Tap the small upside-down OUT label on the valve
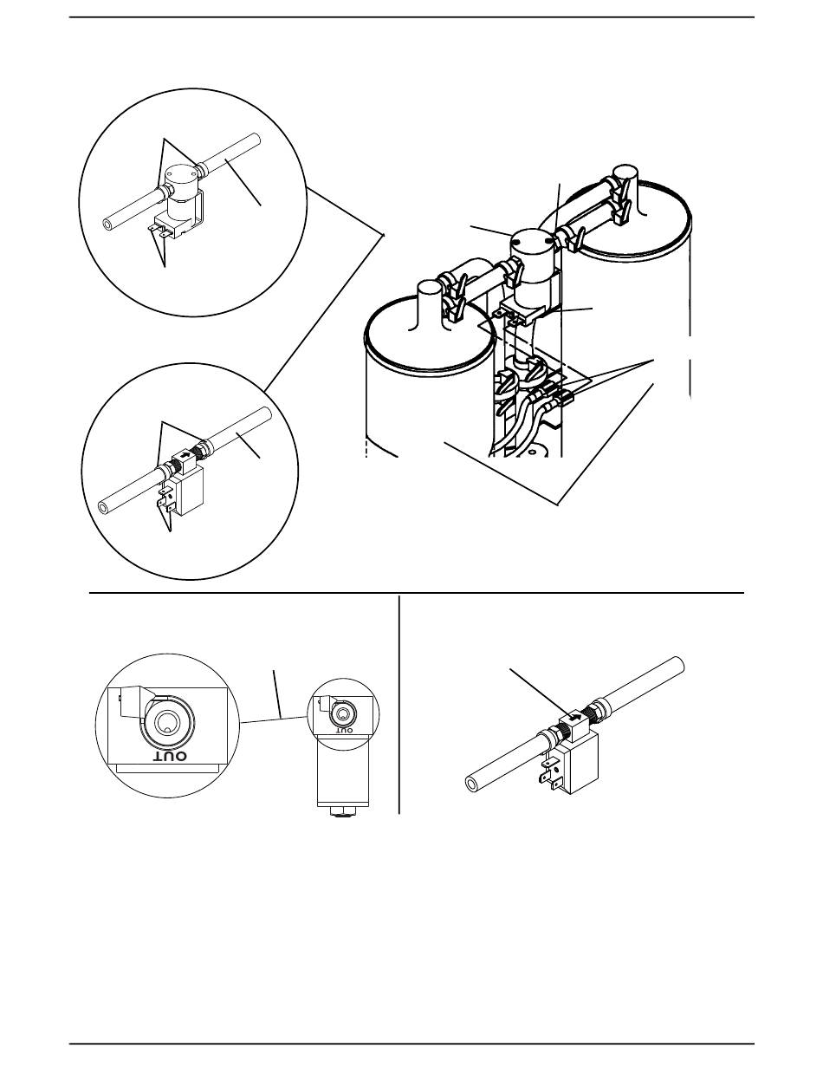[x=344, y=731]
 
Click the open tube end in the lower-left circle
[x=106, y=507]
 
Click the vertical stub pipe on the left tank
[x=429, y=305]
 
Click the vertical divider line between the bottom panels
[x=399, y=703]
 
